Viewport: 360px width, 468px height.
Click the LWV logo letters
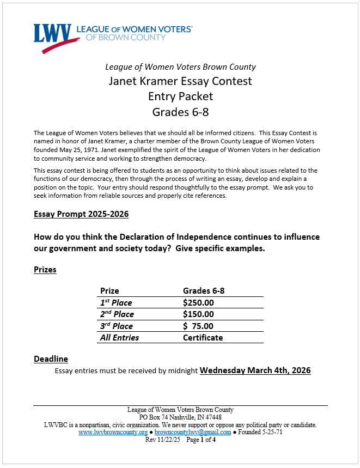click(52, 34)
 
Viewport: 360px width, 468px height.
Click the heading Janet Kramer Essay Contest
click(180, 82)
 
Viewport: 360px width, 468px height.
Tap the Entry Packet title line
click(180, 97)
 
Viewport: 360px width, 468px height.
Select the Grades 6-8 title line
click(180, 112)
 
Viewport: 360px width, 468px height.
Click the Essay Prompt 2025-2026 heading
click(81, 214)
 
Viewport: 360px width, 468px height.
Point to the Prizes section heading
click(45, 270)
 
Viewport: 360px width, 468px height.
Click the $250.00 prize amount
click(198, 302)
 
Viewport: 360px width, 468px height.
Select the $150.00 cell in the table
click(198, 314)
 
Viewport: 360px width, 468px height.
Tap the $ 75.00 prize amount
click(198, 326)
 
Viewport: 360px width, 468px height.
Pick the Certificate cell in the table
click(203, 338)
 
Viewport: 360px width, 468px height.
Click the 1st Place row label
click(116, 302)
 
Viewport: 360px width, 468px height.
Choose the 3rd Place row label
click(116, 326)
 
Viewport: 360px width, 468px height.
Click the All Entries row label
click(119, 338)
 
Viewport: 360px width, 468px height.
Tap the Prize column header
click(109, 291)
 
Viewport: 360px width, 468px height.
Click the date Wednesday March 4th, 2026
click(255, 370)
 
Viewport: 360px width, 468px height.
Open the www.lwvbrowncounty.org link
click(113, 432)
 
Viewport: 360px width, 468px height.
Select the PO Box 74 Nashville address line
click(180, 417)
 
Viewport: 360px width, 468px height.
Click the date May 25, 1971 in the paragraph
click(73, 150)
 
